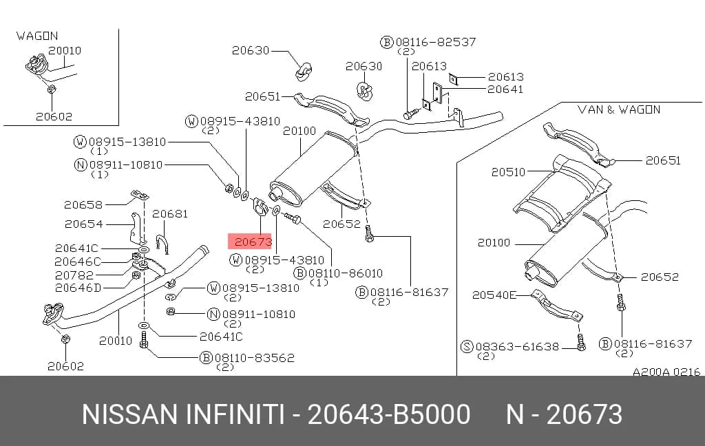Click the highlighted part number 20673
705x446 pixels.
tap(253, 242)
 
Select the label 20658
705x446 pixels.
tap(83, 205)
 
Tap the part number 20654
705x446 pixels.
tap(83, 224)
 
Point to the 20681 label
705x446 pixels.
tap(170, 214)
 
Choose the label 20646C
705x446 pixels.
tap(78, 262)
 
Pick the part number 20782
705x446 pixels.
tap(74, 275)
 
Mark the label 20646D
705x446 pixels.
tap(78, 288)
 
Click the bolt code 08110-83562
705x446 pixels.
tap(255, 358)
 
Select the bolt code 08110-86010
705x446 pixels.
tap(346, 273)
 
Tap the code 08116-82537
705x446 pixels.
tap(436, 42)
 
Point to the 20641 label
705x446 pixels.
tap(505, 89)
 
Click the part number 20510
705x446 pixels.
tap(508, 172)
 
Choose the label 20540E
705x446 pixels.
tap(494, 295)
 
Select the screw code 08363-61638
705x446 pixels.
tap(517, 347)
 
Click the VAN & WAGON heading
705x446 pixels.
tap(619, 109)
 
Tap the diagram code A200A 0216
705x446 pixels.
tap(666, 372)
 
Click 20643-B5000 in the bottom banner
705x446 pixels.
tap(389, 414)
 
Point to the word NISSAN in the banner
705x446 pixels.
tap(129, 414)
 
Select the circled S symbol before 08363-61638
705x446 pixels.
tap(467, 347)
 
